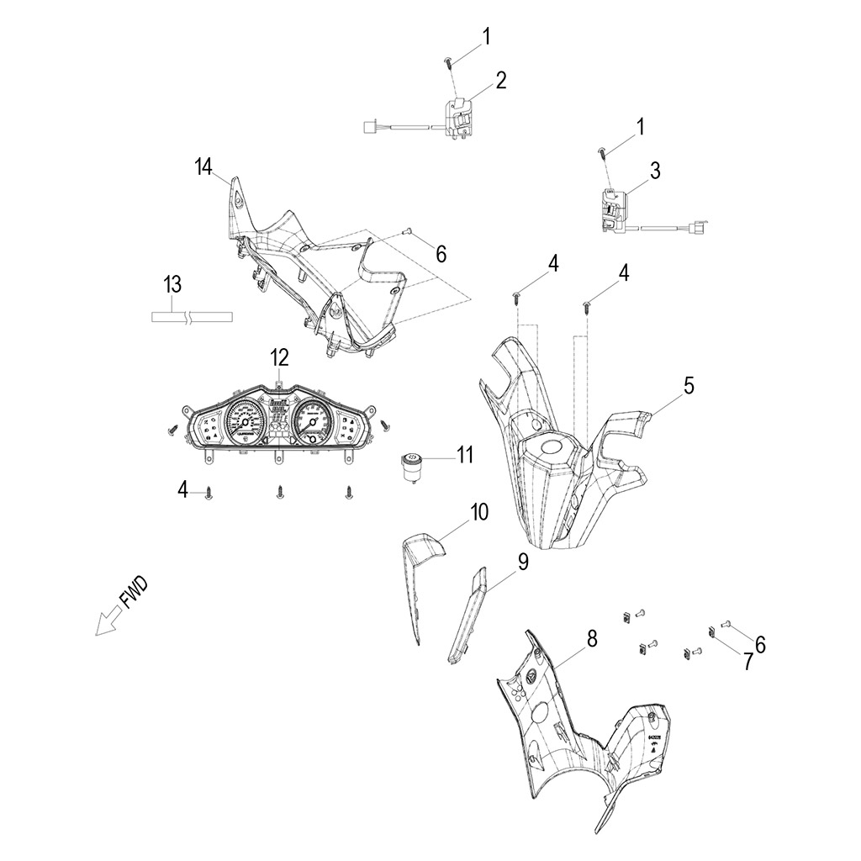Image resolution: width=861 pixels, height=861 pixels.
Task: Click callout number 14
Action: pos(203,166)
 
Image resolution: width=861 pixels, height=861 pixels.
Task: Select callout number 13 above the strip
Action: pos(172,285)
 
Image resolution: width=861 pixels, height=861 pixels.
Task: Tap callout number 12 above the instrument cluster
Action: pos(279,358)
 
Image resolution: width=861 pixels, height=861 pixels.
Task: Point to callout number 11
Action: pos(465,456)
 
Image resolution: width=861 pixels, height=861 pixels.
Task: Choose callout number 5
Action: pos(689,386)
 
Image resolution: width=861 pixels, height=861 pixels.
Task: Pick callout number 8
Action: pos(592,640)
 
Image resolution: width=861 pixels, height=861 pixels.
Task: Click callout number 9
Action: pos(522,562)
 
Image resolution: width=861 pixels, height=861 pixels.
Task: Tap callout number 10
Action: pos(478,512)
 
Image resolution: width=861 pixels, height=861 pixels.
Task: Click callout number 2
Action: pos(501,81)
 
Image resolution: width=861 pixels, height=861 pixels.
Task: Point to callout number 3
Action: pos(655,171)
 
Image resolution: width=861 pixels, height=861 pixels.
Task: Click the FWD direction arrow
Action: pos(107,623)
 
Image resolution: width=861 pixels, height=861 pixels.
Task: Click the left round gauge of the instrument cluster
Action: pos(245,421)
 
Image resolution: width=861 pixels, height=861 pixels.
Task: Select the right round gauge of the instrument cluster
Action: pos(313,421)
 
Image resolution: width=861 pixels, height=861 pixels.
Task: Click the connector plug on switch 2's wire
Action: pos(367,127)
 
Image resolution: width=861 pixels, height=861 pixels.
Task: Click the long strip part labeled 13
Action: pos(191,318)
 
